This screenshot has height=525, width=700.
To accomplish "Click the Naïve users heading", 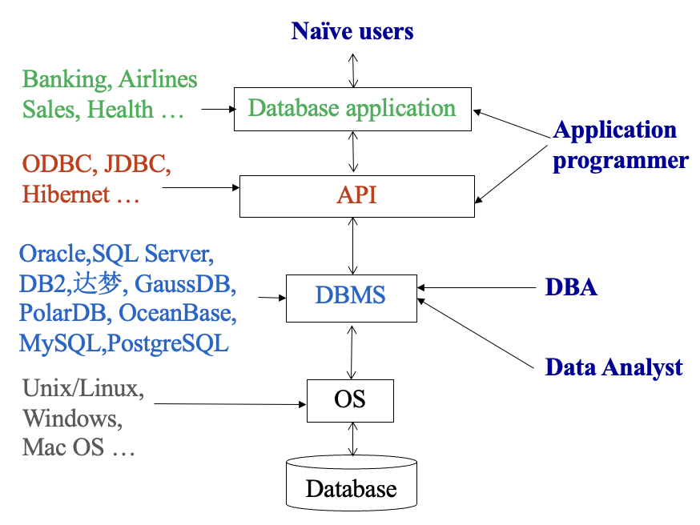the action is point(352,31).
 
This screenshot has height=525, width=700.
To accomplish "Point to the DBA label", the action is point(571,287).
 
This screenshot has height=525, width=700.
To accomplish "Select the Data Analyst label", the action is point(614,368).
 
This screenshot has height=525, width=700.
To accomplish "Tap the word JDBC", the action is point(137,164).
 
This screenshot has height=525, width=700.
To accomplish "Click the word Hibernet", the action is point(66,194).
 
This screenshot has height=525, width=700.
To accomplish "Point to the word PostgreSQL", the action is point(168,344).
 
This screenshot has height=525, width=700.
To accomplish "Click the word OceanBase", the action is point(178,313).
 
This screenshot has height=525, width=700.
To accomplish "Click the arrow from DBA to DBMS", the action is point(477,287).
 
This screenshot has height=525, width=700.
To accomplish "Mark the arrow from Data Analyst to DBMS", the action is point(476,333).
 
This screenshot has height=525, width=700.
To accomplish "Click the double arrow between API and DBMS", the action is point(352,246).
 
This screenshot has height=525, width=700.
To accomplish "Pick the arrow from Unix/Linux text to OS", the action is point(230,404).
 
